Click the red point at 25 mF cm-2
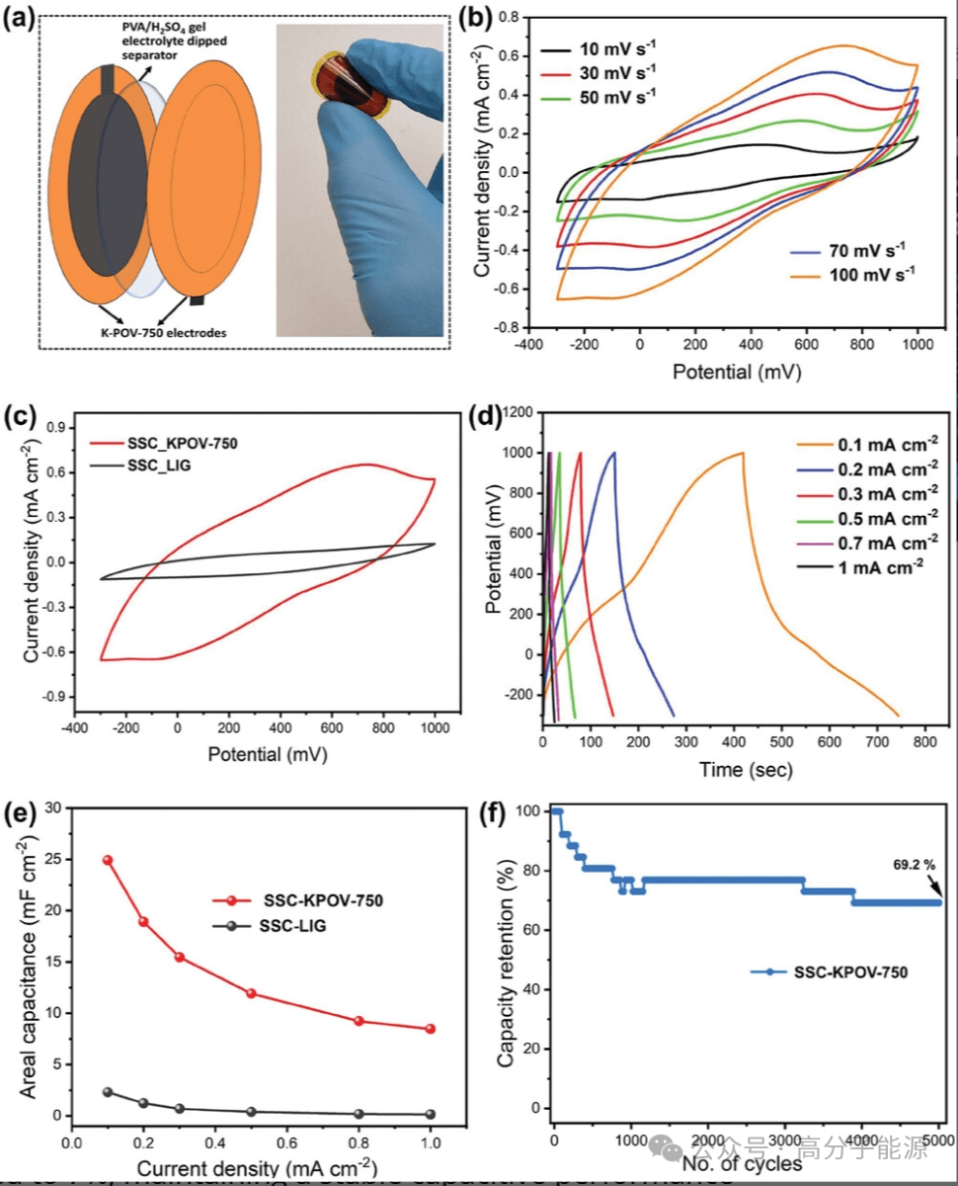pyautogui.click(x=108, y=860)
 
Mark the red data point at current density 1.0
pyautogui.click(x=430, y=1029)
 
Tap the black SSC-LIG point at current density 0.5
pyautogui.click(x=251, y=1112)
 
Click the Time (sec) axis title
pyautogui.click(x=735, y=768)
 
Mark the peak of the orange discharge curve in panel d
pyautogui.click(x=742, y=453)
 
